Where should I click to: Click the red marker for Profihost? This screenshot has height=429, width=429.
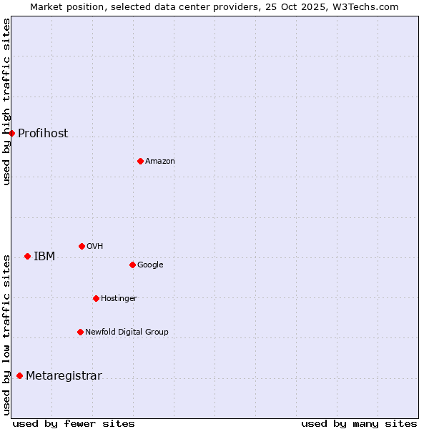[x=11, y=133]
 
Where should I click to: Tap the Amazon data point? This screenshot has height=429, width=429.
[x=140, y=161]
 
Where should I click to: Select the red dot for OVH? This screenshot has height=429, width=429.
[x=82, y=246]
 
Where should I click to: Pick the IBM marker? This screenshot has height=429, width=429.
[x=27, y=256]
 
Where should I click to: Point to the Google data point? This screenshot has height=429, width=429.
[x=132, y=265]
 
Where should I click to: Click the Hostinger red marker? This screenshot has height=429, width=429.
[x=96, y=298]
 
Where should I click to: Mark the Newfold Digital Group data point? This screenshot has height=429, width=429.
[x=80, y=332]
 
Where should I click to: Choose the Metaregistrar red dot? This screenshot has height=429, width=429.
[x=19, y=376]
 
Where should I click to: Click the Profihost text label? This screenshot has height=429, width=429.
[x=43, y=134]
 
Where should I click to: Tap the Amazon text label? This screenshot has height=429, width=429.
[x=160, y=162]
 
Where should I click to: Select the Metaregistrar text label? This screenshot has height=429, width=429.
[x=64, y=376]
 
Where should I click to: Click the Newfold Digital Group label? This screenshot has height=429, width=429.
[x=127, y=332]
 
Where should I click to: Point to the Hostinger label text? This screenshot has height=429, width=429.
[x=119, y=298]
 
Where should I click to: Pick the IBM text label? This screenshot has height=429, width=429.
[x=44, y=257]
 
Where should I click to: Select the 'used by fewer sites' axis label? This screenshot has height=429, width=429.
[x=74, y=423]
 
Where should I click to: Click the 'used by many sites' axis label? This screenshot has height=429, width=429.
[x=359, y=423]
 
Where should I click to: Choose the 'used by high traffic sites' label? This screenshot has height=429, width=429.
[x=6, y=102]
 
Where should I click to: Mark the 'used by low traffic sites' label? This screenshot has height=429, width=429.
[x=6, y=335]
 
